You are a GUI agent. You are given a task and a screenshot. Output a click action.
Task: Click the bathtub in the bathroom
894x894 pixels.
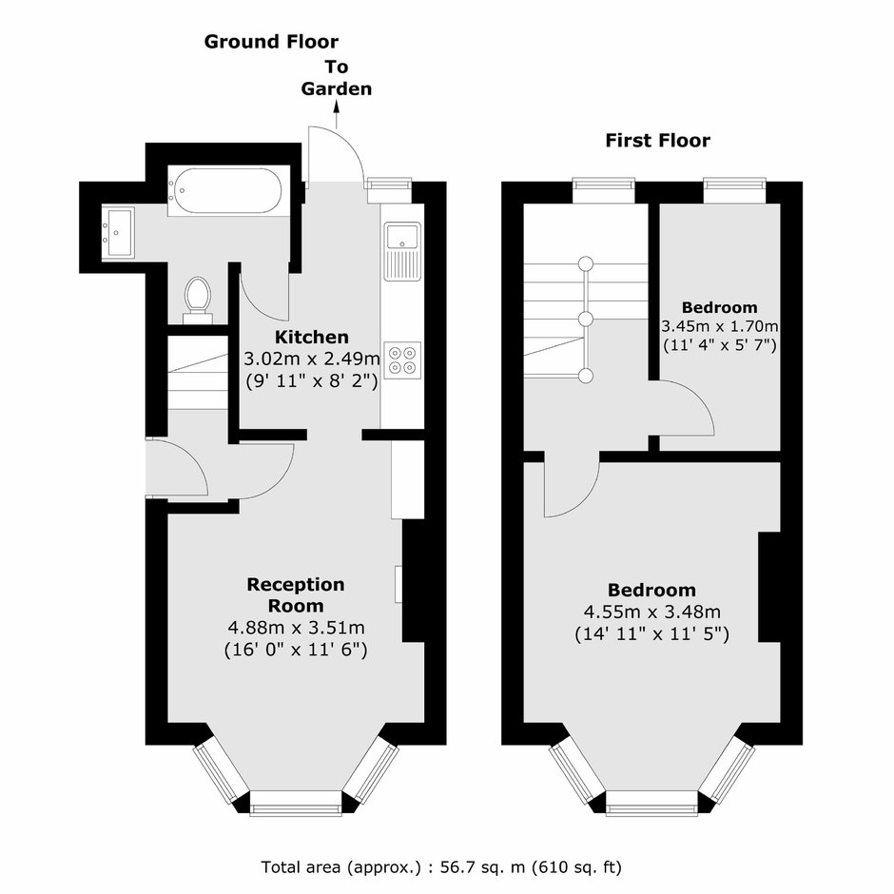click(x=224, y=191)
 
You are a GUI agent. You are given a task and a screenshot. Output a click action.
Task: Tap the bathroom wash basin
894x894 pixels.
click(x=118, y=233)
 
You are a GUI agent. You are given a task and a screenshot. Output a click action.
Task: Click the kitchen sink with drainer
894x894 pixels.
click(x=402, y=251)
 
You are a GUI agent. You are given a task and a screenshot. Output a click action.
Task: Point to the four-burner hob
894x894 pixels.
click(x=402, y=360)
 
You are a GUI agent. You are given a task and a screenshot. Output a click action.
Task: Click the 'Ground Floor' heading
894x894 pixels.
click(x=271, y=42)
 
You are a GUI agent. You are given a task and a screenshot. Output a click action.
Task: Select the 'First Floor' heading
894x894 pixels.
click(x=658, y=140)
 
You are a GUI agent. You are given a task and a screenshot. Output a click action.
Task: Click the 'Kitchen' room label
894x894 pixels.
click(x=312, y=337)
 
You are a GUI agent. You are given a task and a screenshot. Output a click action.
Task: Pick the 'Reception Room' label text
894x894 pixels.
click(x=296, y=594)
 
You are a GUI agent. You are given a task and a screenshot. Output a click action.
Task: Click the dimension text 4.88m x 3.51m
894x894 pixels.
click(x=297, y=628)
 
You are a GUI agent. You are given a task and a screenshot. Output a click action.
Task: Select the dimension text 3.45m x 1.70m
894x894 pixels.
click(x=720, y=327)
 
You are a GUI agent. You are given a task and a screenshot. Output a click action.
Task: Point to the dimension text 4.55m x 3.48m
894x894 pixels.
click(x=652, y=612)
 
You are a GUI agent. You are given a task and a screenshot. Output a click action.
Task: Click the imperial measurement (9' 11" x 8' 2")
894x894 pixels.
click(x=312, y=380)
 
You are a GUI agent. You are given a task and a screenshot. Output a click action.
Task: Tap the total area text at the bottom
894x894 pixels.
click(x=441, y=867)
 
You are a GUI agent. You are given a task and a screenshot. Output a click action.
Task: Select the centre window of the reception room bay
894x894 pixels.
click(x=296, y=803)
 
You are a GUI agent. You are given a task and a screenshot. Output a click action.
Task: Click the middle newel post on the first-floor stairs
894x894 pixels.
click(x=586, y=319)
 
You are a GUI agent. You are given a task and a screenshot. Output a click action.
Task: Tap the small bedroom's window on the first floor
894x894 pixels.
click(x=734, y=190)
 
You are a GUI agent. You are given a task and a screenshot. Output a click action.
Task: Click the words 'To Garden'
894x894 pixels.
click(x=337, y=78)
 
